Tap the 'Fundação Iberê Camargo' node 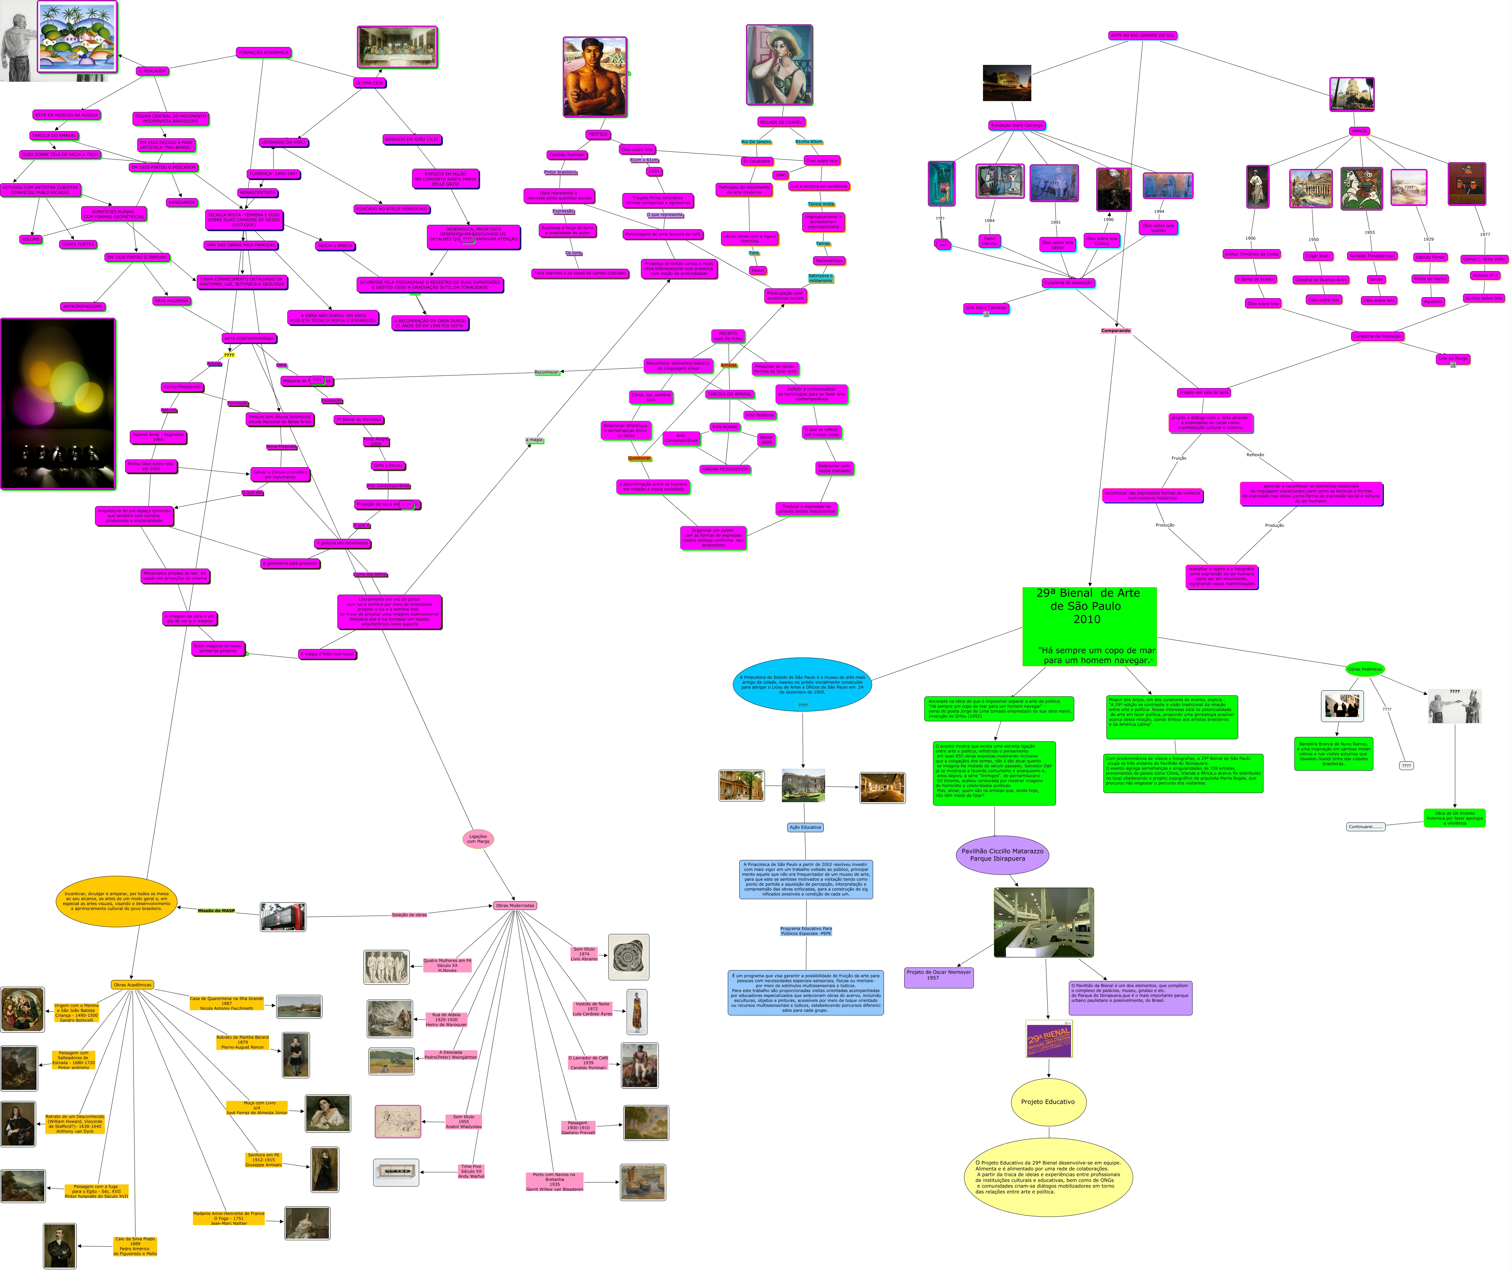click(x=1016, y=125)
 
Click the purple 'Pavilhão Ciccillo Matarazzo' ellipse click(x=1002, y=855)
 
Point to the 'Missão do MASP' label click(x=216, y=911)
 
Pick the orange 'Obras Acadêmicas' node click(x=133, y=985)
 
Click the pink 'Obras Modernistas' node click(x=515, y=906)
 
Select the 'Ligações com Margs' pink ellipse click(x=478, y=839)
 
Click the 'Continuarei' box click(x=1365, y=826)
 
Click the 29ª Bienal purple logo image click(x=1049, y=1039)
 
